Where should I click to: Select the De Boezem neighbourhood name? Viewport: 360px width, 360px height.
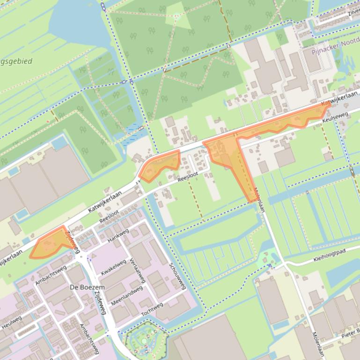(x=87, y=287)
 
